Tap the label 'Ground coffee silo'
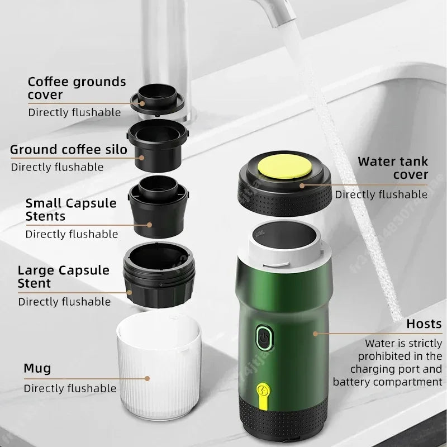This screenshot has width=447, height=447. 69,149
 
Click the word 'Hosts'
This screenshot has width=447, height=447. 424,324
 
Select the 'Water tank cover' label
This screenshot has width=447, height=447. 393,168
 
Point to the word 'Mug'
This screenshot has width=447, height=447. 37,368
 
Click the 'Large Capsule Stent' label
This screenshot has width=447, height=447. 64,277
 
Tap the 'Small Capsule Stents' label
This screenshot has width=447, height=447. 71,209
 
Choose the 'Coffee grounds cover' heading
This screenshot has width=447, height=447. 77,88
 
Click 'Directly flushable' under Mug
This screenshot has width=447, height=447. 70,388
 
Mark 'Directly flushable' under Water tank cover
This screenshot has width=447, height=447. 381,194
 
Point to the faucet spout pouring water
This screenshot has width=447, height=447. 280,17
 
